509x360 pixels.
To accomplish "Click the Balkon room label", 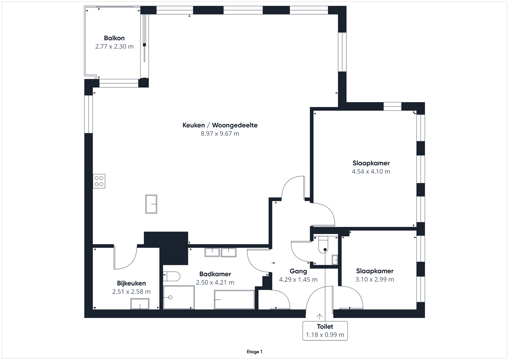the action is (114, 38).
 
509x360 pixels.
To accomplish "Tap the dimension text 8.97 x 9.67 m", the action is (220, 134).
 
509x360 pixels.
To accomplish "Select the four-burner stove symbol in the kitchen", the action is (99, 181).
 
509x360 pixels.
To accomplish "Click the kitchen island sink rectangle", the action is (151, 204).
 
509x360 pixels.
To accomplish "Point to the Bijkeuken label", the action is (131, 283).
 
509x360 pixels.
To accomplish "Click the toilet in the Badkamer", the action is (171, 276).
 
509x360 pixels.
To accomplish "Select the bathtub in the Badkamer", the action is (234, 300).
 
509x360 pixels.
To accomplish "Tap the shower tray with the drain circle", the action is (179, 297).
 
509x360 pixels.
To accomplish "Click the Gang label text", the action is (298, 271).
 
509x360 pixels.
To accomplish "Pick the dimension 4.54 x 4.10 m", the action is (371, 171).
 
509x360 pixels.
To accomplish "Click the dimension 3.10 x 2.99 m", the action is (375, 279).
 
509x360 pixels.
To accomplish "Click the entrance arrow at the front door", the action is (319, 316).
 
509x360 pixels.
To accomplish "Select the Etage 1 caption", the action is (254, 352).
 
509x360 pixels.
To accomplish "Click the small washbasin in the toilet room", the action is (335, 260).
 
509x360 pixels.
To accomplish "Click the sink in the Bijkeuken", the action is (140, 304).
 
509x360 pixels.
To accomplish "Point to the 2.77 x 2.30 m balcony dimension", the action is (114, 46).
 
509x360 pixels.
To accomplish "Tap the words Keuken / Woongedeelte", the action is (220, 125).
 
